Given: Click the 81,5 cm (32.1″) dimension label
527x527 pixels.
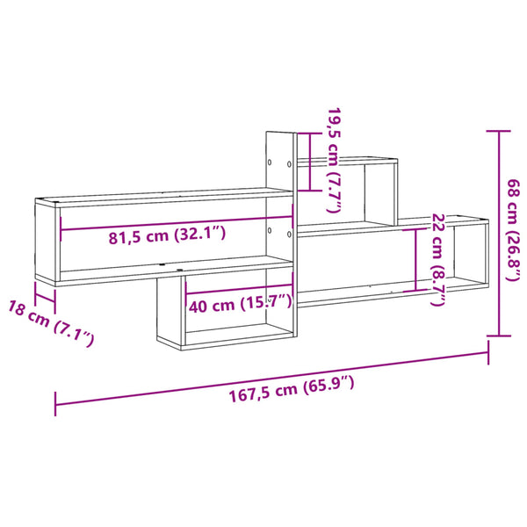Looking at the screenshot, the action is pyautogui.click(x=167, y=235).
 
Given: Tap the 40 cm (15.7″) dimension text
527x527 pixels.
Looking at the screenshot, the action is pyautogui.click(x=241, y=304).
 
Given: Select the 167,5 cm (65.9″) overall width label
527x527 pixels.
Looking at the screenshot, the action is pyautogui.click(x=292, y=389).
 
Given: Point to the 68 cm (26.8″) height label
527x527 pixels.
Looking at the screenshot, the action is pyautogui.click(x=514, y=230).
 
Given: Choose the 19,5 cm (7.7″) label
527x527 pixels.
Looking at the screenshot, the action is pyautogui.click(x=335, y=160).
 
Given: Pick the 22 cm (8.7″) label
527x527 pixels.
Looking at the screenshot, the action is pyautogui.click(x=437, y=259).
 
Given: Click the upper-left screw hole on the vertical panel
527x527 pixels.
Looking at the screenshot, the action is pyautogui.click(x=270, y=162).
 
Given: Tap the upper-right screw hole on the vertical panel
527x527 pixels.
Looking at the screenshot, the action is pyautogui.click(x=289, y=164).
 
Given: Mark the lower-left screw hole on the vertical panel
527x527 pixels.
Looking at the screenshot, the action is pyautogui.click(x=270, y=230).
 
